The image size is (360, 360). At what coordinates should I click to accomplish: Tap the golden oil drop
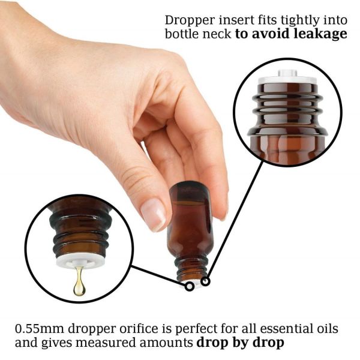tap(79, 283)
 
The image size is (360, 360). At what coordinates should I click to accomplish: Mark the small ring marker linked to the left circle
tap(190, 286)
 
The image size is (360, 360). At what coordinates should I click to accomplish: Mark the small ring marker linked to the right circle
tap(206, 281)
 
